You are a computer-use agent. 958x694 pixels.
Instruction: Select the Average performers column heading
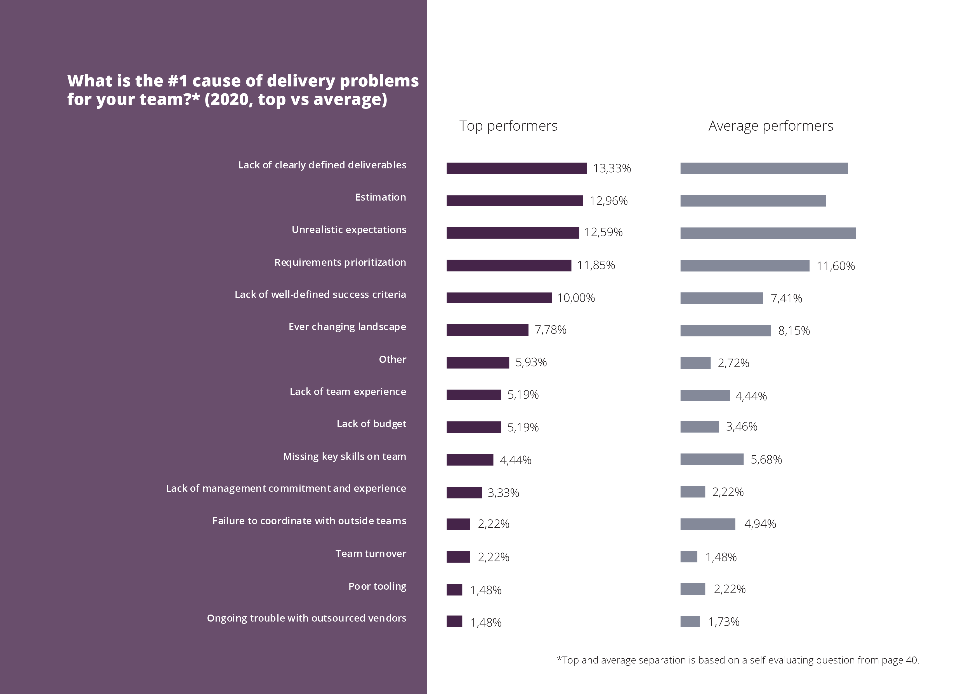coord(770,126)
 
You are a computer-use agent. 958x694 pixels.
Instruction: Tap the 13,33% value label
coord(612,169)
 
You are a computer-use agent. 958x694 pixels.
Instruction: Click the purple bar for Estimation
coord(515,201)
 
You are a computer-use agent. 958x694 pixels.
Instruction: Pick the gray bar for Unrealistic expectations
coord(768,233)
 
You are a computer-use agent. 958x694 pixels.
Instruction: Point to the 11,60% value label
coord(836,266)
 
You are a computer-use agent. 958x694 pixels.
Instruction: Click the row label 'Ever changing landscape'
coord(347,327)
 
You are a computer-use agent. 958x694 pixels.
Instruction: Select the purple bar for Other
coord(478,363)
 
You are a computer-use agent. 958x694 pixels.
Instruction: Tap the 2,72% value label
coord(733,363)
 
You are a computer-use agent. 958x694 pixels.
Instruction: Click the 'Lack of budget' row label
coord(371,424)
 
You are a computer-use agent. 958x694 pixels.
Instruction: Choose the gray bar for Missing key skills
coord(712,459)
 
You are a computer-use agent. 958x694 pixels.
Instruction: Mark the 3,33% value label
coord(503,493)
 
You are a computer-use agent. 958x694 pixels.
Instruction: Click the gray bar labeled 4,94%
coord(707,524)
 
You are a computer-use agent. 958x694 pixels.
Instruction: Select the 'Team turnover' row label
coord(371,554)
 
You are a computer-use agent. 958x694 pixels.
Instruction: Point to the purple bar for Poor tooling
coord(454,590)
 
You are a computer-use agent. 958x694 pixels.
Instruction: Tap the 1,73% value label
coord(724,622)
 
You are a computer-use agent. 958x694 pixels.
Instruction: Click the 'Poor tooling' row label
coord(377,586)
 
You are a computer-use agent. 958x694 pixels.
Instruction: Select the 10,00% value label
coord(576,298)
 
